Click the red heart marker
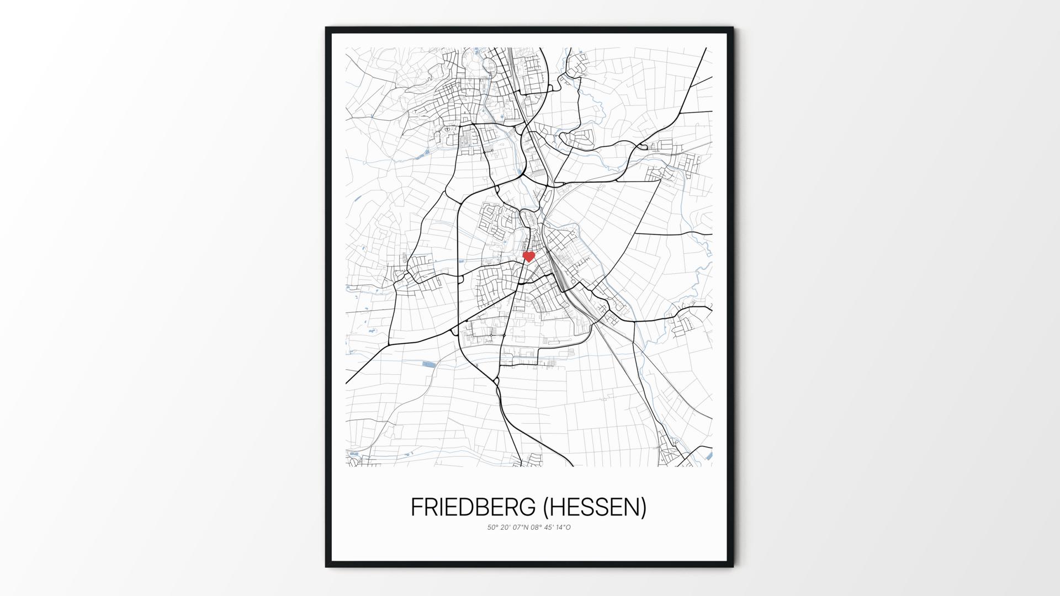(x=529, y=256)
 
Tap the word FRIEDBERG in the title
(x=473, y=508)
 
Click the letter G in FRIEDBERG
(x=528, y=508)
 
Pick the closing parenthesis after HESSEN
(x=643, y=508)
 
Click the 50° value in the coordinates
(x=492, y=528)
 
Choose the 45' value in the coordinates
(x=550, y=528)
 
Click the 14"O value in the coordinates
(x=564, y=528)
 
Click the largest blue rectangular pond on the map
(x=428, y=364)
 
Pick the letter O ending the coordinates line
(x=569, y=528)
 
